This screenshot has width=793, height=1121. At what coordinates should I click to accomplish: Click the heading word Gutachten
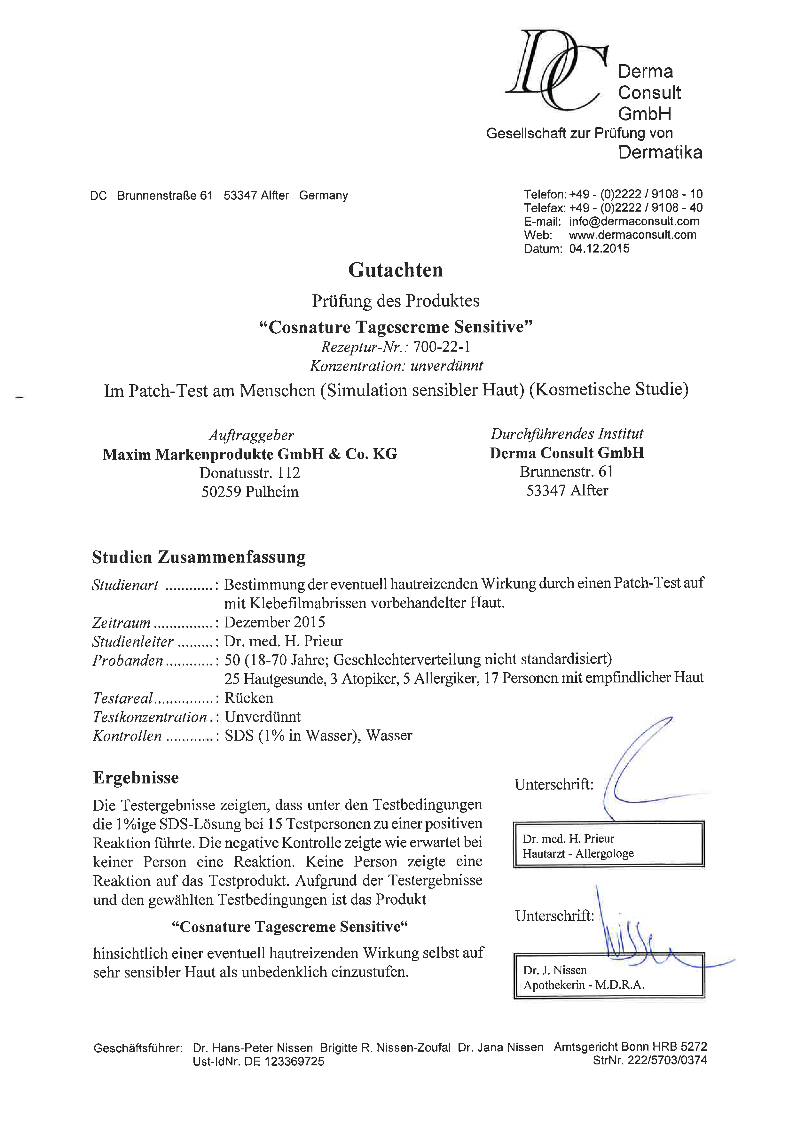[x=396, y=270]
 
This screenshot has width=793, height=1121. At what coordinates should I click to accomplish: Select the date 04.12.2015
[x=599, y=248]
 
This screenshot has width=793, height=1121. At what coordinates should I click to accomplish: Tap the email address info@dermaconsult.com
[x=634, y=221]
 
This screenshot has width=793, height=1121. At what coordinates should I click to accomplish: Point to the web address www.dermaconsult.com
[x=632, y=235]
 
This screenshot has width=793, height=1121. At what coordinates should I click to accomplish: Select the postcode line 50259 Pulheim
[x=250, y=492]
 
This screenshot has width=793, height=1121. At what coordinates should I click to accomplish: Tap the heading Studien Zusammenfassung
[x=199, y=557]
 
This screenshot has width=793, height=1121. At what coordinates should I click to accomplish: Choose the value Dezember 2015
[x=274, y=622]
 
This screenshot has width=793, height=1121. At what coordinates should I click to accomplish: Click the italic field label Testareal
[x=122, y=698]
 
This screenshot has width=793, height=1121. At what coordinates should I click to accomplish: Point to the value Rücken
[x=248, y=698]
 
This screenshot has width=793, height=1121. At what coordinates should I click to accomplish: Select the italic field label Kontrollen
[x=127, y=736]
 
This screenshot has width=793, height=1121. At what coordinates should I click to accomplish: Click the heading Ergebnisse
[x=136, y=777]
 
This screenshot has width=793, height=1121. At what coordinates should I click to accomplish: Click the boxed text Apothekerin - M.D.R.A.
[x=584, y=985]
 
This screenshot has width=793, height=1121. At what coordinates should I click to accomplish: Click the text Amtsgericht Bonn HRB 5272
[x=630, y=1047]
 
